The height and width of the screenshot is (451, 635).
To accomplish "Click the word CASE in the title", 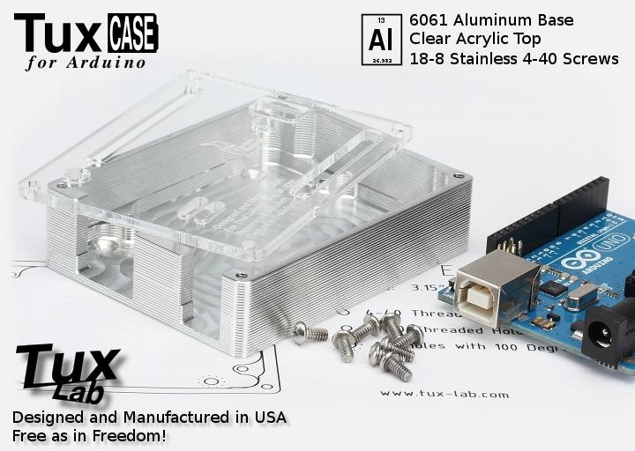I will click(x=133, y=33).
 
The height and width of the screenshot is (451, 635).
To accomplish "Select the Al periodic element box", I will click(x=380, y=39).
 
